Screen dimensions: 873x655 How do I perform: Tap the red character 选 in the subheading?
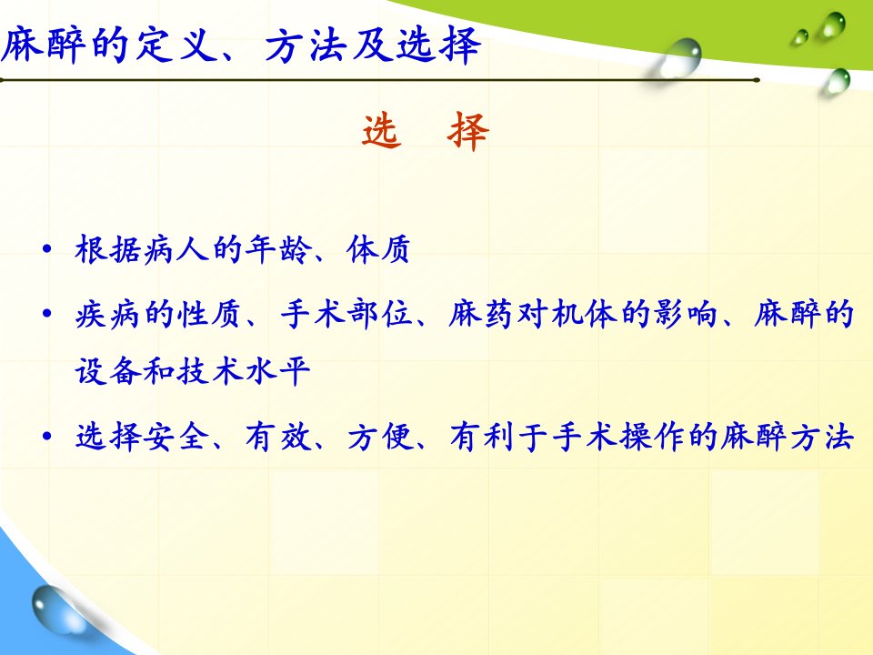coord(382,131)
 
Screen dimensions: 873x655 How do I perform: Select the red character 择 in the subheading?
coord(467,131)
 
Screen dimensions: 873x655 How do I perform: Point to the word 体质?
coord(378,249)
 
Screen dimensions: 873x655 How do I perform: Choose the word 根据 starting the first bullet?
coord(107,249)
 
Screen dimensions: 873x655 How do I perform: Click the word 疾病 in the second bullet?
coord(107,314)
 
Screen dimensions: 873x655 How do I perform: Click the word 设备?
coord(107,371)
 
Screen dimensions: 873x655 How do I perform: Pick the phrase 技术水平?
coord(244,371)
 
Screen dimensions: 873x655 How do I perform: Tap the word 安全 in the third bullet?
coord(176,436)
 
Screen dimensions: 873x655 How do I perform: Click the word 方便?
coord(380,436)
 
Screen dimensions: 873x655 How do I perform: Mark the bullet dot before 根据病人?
coord(46,249)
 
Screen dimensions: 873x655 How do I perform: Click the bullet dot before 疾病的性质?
coord(46,314)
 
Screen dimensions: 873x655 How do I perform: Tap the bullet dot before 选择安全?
coord(46,436)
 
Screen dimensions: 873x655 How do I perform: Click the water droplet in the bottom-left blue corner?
coord(53,609)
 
